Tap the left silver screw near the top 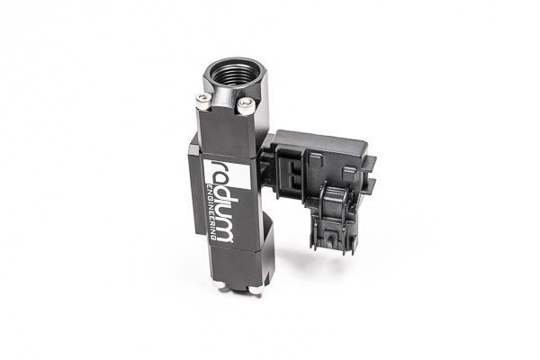[204, 104]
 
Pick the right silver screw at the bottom [256, 289]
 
